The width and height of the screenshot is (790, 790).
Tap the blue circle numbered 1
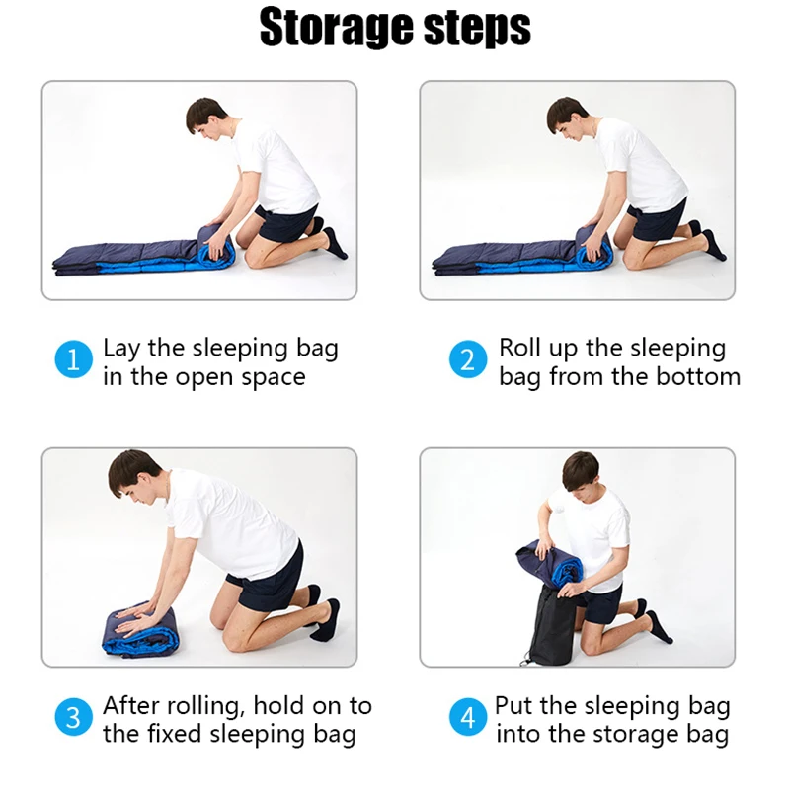tap(72, 360)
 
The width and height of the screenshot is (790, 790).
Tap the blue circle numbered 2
tap(468, 360)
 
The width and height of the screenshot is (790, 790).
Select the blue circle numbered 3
tap(72, 719)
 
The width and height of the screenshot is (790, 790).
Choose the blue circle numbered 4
tap(468, 719)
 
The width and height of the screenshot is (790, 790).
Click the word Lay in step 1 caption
tap(122, 348)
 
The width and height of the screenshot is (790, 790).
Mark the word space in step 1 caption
tap(273, 377)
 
